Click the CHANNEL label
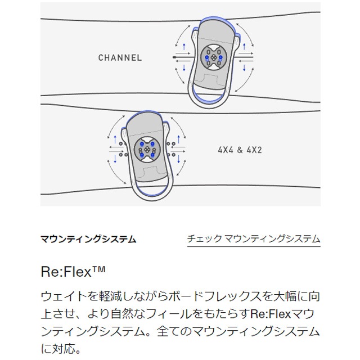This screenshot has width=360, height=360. pyautogui.click(x=120, y=57)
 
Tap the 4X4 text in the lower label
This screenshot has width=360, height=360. pyautogui.click(x=226, y=150)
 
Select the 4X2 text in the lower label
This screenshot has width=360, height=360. pyautogui.click(x=254, y=150)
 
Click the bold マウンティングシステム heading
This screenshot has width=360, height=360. pyautogui.click(x=88, y=239)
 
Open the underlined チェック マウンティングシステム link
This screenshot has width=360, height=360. pyautogui.click(x=254, y=238)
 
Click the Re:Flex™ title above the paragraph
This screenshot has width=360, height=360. pyautogui.click(x=73, y=272)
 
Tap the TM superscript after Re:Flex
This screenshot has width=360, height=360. pyautogui.click(x=99, y=269)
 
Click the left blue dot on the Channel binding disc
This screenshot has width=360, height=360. pyautogui.click(x=207, y=57)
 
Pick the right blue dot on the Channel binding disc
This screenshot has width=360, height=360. pyautogui.click(x=220, y=57)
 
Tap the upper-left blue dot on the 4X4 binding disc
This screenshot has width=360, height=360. pyautogui.click(x=142, y=144)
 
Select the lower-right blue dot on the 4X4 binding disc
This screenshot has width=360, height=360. pyautogui.click(x=152, y=155)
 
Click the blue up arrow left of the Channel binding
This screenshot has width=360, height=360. pyautogui.click(x=184, y=47)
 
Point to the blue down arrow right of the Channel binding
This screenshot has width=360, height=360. pyautogui.click(x=244, y=67)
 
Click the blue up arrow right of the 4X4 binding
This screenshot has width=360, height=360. pyautogui.click(x=179, y=139)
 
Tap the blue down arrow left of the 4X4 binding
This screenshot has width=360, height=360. pyautogui.click(x=115, y=159)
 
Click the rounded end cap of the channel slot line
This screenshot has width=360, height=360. pyautogui.click(x=174, y=57)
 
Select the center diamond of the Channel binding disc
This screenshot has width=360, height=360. pyautogui.click(x=214, y=57)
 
